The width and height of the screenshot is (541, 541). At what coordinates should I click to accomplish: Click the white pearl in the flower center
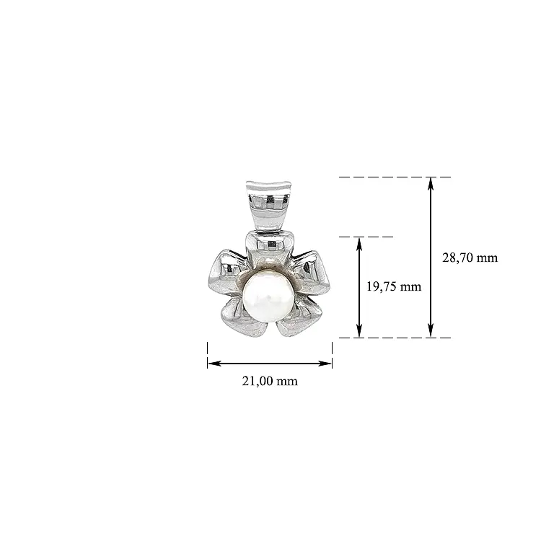point(268,296)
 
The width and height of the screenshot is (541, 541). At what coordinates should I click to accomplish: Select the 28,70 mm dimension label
point(470,258)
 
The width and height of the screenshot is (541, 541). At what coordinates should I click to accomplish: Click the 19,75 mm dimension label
point(394,286)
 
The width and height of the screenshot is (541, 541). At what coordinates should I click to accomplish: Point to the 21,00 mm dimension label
point(270,381)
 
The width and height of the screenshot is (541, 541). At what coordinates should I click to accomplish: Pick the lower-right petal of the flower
point(299,319)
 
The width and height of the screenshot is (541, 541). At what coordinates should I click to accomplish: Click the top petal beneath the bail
point(269,246)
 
